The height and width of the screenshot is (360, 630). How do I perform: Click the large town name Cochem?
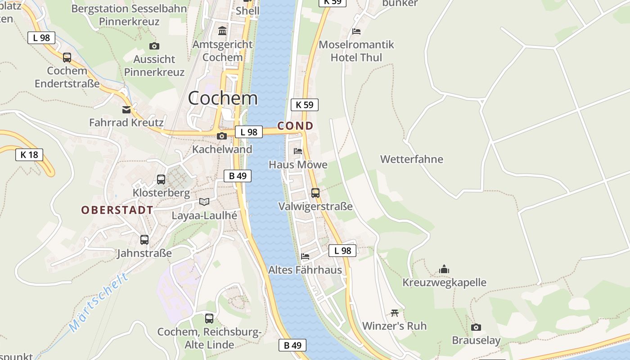[x=223, y=98]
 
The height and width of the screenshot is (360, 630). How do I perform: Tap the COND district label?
[x=295, y=126]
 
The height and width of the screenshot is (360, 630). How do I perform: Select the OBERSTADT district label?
[x=117, y=210]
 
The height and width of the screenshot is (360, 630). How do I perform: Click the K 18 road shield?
[x=29, y=155]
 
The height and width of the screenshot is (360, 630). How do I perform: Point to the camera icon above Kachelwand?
[x=221, y=136]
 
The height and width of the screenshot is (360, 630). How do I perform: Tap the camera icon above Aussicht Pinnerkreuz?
[x=154, y=46]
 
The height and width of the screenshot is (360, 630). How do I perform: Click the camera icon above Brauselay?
[x=476, y=327]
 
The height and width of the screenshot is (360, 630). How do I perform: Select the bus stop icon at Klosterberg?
[x=161, y=180]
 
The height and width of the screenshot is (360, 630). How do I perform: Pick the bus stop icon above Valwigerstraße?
[x=315, y=193]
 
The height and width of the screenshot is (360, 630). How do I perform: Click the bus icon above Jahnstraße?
[x=144, y=240]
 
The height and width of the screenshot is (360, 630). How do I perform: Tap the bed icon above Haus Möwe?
[x=298, y=151]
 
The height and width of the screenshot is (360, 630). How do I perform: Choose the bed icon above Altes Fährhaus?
[x=305, y=256]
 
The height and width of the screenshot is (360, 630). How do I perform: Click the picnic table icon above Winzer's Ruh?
[x=395, y=312]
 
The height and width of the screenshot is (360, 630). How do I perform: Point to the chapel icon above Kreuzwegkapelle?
[x=444, y=269]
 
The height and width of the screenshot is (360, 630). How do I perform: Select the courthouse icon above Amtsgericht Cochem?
[x=222, y=31]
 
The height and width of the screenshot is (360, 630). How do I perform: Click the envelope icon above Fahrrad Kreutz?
[x=126, y=109]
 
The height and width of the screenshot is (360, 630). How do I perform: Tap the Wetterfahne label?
[x=411, y=159]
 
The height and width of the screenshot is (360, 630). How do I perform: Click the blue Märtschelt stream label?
[x=99, y=302]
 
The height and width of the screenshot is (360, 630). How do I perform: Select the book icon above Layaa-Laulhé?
[x=204, y=202]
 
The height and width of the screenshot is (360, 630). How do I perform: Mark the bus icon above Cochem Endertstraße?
[x=67, y=57]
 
